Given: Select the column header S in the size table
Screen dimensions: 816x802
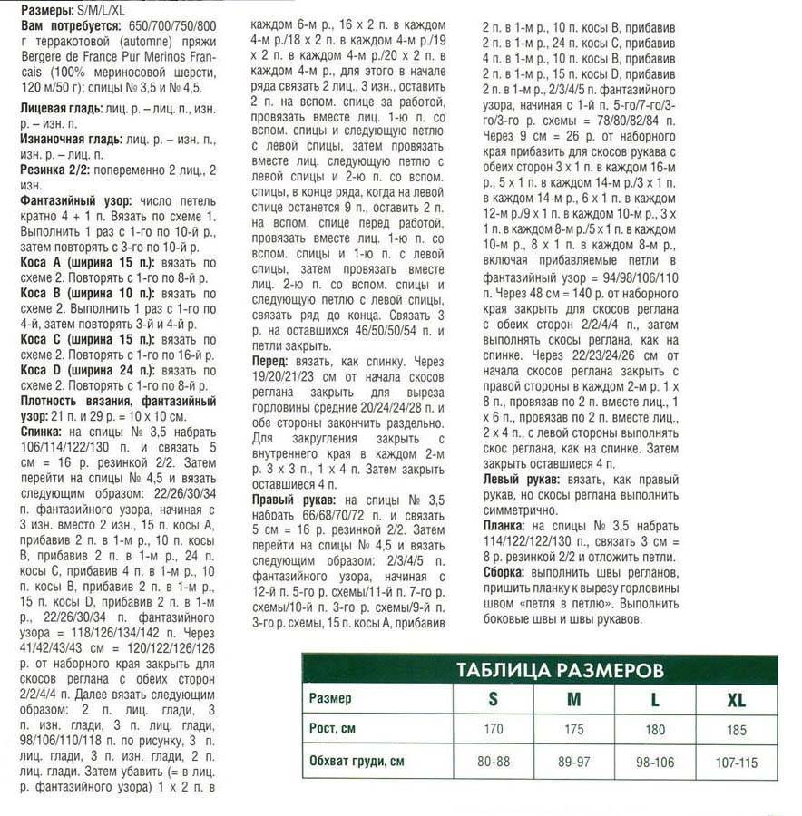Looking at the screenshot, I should [493, 699].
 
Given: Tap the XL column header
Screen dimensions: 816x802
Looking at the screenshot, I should [736, 699].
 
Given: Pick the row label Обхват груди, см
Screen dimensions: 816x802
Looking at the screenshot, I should [357, 762].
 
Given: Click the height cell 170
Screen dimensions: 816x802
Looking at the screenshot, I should [493, 730].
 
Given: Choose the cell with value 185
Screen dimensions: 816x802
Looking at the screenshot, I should [736, 730].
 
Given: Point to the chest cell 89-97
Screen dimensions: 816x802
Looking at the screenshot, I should [573, 762].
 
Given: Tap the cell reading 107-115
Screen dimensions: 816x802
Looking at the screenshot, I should [736, 762].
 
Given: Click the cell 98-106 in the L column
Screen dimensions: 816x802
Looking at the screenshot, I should [654, 762].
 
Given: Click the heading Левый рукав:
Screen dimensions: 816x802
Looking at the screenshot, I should [520, 478].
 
